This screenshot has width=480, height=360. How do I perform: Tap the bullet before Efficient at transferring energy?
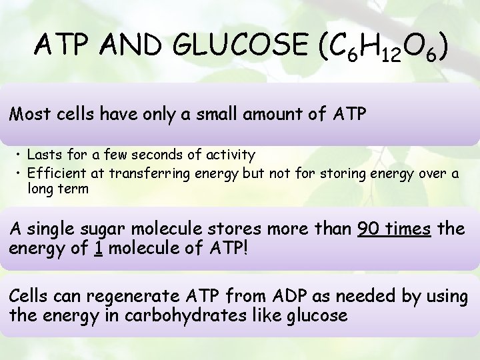pos(20,174)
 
